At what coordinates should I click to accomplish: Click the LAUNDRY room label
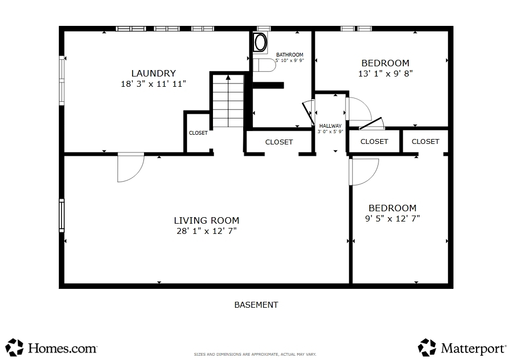154,73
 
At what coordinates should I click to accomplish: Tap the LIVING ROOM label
207,220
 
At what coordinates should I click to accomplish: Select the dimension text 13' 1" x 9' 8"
386,74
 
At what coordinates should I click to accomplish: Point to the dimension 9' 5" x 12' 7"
393,219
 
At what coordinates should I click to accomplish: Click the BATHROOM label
290,55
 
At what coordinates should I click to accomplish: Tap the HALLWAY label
331,126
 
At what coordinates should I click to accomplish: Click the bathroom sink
260,42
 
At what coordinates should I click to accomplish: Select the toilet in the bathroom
264,65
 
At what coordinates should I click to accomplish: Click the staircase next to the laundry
228,101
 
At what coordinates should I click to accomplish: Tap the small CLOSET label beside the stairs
198,133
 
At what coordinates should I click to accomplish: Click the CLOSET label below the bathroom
279,142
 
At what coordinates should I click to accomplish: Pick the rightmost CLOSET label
425,141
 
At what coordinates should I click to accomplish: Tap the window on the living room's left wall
61,216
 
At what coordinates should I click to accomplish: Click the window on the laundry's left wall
61,80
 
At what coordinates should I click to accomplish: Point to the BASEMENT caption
256,305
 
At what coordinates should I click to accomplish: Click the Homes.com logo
51,348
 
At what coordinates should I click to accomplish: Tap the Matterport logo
462,348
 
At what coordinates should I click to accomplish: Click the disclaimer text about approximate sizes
255,355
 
